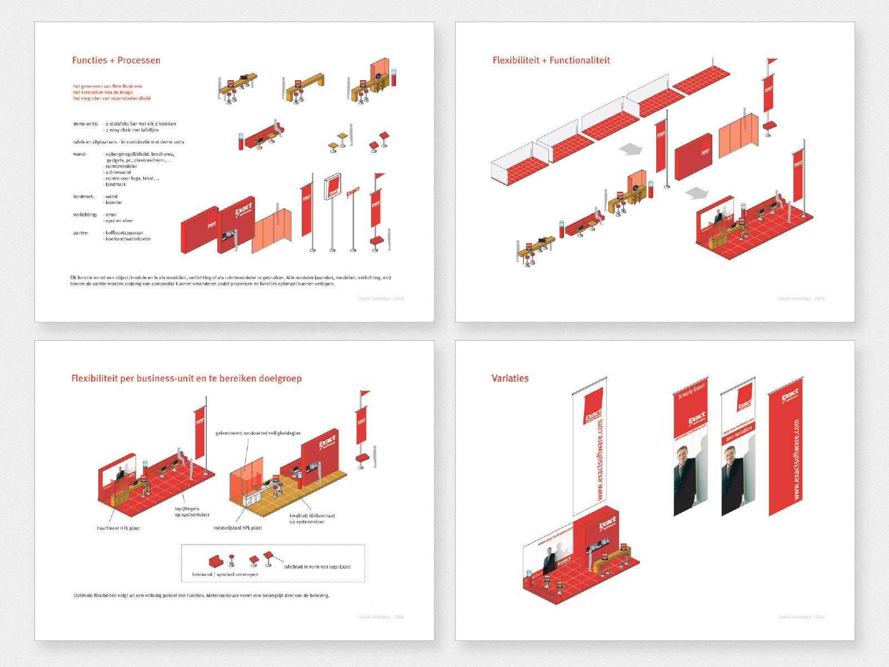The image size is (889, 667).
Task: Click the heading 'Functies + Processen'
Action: coord(116,61)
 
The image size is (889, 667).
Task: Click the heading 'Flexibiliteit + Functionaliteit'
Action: coord(551,61)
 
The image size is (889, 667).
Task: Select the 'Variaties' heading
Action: coord(510,379)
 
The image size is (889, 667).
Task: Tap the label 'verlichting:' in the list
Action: coord(85,215)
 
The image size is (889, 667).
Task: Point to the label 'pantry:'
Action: coord(81,233)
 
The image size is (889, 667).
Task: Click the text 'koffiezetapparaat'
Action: coord(124,233)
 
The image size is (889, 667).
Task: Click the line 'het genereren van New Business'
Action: coord(107,86)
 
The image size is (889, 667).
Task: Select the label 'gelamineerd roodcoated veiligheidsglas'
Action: coord(258,433)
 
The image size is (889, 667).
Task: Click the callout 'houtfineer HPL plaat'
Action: coord(118,529)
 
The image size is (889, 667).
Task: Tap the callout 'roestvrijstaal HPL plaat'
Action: coord(237,528)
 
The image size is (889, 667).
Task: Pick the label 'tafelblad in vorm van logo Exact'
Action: coord(317,567)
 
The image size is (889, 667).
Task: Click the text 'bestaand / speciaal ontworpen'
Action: coord(225,574)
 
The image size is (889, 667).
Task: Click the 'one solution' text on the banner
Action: coord(738,434)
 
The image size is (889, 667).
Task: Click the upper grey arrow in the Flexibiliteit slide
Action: coord(631,149)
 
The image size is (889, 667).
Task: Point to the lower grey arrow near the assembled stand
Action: coord(697,193)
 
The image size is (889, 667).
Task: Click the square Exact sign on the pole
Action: coord(333,186)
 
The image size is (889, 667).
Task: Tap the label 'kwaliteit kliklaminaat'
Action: coord(312,516)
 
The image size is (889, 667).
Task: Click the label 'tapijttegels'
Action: coord(187,509)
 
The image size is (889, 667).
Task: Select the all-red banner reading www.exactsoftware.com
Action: coord(786,450)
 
